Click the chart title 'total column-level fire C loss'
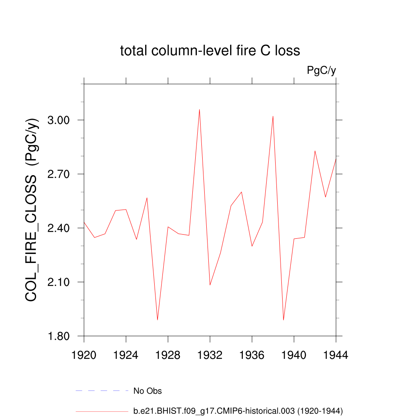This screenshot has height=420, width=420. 210,51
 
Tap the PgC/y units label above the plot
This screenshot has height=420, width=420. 322,71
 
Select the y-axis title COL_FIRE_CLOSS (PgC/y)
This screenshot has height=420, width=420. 32,210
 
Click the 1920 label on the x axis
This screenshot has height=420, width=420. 84,355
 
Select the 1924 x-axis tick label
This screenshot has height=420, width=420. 126,355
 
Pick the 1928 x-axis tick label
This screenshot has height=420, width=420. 168,355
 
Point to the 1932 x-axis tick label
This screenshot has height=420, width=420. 210,355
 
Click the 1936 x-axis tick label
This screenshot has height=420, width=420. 252,355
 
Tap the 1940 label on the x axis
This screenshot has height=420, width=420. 294,355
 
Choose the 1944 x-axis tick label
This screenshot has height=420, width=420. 336,355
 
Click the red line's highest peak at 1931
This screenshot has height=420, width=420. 199,110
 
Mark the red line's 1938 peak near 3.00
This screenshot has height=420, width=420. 273,116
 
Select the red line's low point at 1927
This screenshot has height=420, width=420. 157,320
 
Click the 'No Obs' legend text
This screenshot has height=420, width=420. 148,391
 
